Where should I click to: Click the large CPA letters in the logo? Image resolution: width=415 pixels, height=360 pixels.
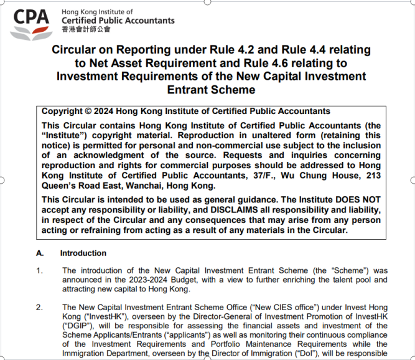pyautogui.click(x=32, y=17)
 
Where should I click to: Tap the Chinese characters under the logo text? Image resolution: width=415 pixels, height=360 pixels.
pyautogui.click(x=86, y=29)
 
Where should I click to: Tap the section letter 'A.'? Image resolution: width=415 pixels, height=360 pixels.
pyautogui.click(x=40, y=253)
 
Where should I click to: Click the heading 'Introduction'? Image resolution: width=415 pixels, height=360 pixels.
pyautogui.click(x=83, y=253)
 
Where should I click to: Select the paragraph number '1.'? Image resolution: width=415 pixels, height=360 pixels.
pyautogui.click(x=40, y=271)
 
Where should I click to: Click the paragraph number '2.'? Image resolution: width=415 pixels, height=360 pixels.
pyautogui.click(x=40, y=308)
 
